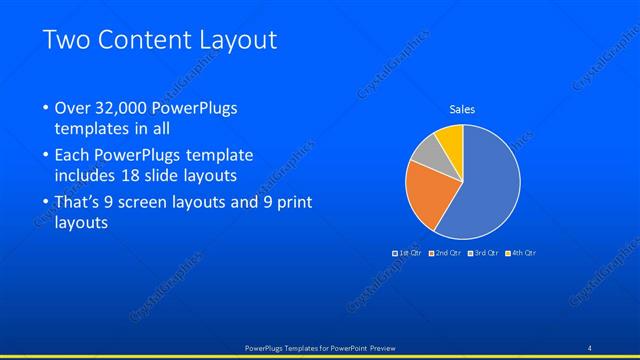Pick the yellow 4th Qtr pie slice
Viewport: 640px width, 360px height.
coord(451,139)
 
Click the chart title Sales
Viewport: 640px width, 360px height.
coord(462,109)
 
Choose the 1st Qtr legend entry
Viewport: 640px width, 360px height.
coord(407,253)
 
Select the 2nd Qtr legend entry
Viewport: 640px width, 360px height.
coord(444,253)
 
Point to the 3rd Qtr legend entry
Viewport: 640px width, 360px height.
coord(482,253)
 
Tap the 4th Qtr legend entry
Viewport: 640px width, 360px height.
coord(520,253)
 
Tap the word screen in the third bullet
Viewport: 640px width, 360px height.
coord(152,203)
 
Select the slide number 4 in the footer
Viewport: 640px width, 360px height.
coord(590,347)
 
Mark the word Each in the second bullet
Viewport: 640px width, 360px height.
coord(73,156)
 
